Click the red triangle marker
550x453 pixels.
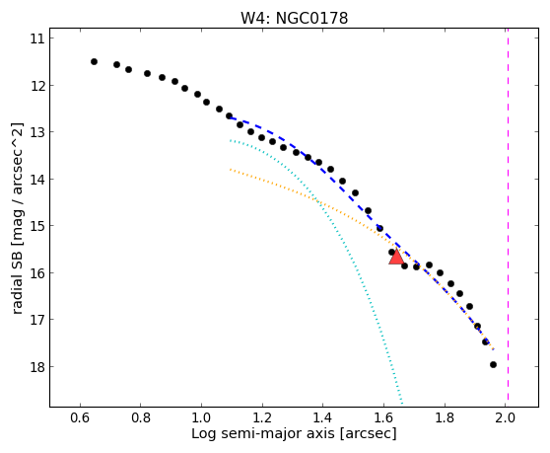point(396,257)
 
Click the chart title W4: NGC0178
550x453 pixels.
point(294,18)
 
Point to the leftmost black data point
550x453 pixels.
point(94,62)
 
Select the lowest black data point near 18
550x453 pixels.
point(493,365)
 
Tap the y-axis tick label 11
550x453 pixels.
point(37,38)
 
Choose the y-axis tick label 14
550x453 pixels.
point(37,179)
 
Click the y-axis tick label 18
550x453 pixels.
point(37,367)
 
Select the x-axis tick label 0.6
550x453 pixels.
point(80,417)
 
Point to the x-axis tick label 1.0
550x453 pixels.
point(201,417)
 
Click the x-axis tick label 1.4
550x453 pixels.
point(322,417)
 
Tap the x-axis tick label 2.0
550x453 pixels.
point(505,417)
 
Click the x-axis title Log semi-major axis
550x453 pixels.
point(263,433)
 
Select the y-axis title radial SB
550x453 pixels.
point(17,283)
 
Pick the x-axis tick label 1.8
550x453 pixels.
point(445,417)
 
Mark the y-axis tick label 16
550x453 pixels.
point(37,272)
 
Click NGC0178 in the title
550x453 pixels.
point(311,19)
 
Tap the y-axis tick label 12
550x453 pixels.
point(37,85)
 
